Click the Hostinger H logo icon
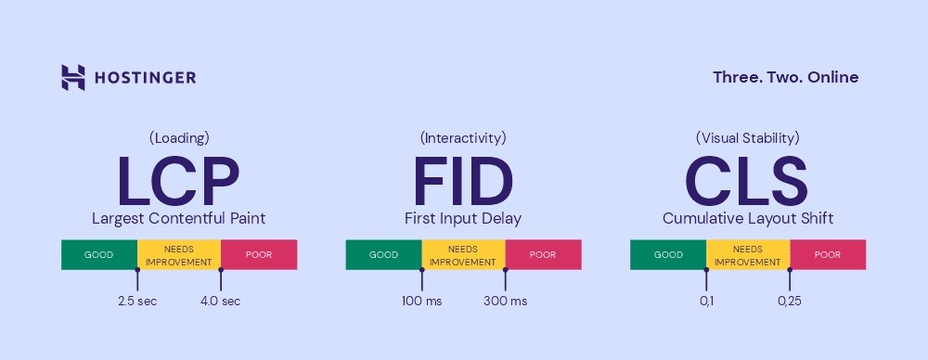click(73, 77)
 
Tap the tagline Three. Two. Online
click(785, 77)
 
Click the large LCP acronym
click(178, 181)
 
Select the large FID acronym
click(463, 181)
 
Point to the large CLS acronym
click(747, 181)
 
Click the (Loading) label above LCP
click(178, 138)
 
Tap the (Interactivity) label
click(463, 138)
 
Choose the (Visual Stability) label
click(747, 138)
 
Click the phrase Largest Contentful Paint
click(178, 219)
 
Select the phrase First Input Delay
click(463, 219)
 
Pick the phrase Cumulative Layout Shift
click(748, 219)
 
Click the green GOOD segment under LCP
click(99, 255)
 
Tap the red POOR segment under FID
click(543, 255)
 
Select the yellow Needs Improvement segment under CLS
click(747, 255)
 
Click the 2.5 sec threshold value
click(137, 301)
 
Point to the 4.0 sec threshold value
click(220, 301)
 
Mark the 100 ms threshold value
click(422, 301)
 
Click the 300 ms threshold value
click(505, 301)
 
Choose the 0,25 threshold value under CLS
click(790, 301)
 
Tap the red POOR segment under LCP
click(259, 255)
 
